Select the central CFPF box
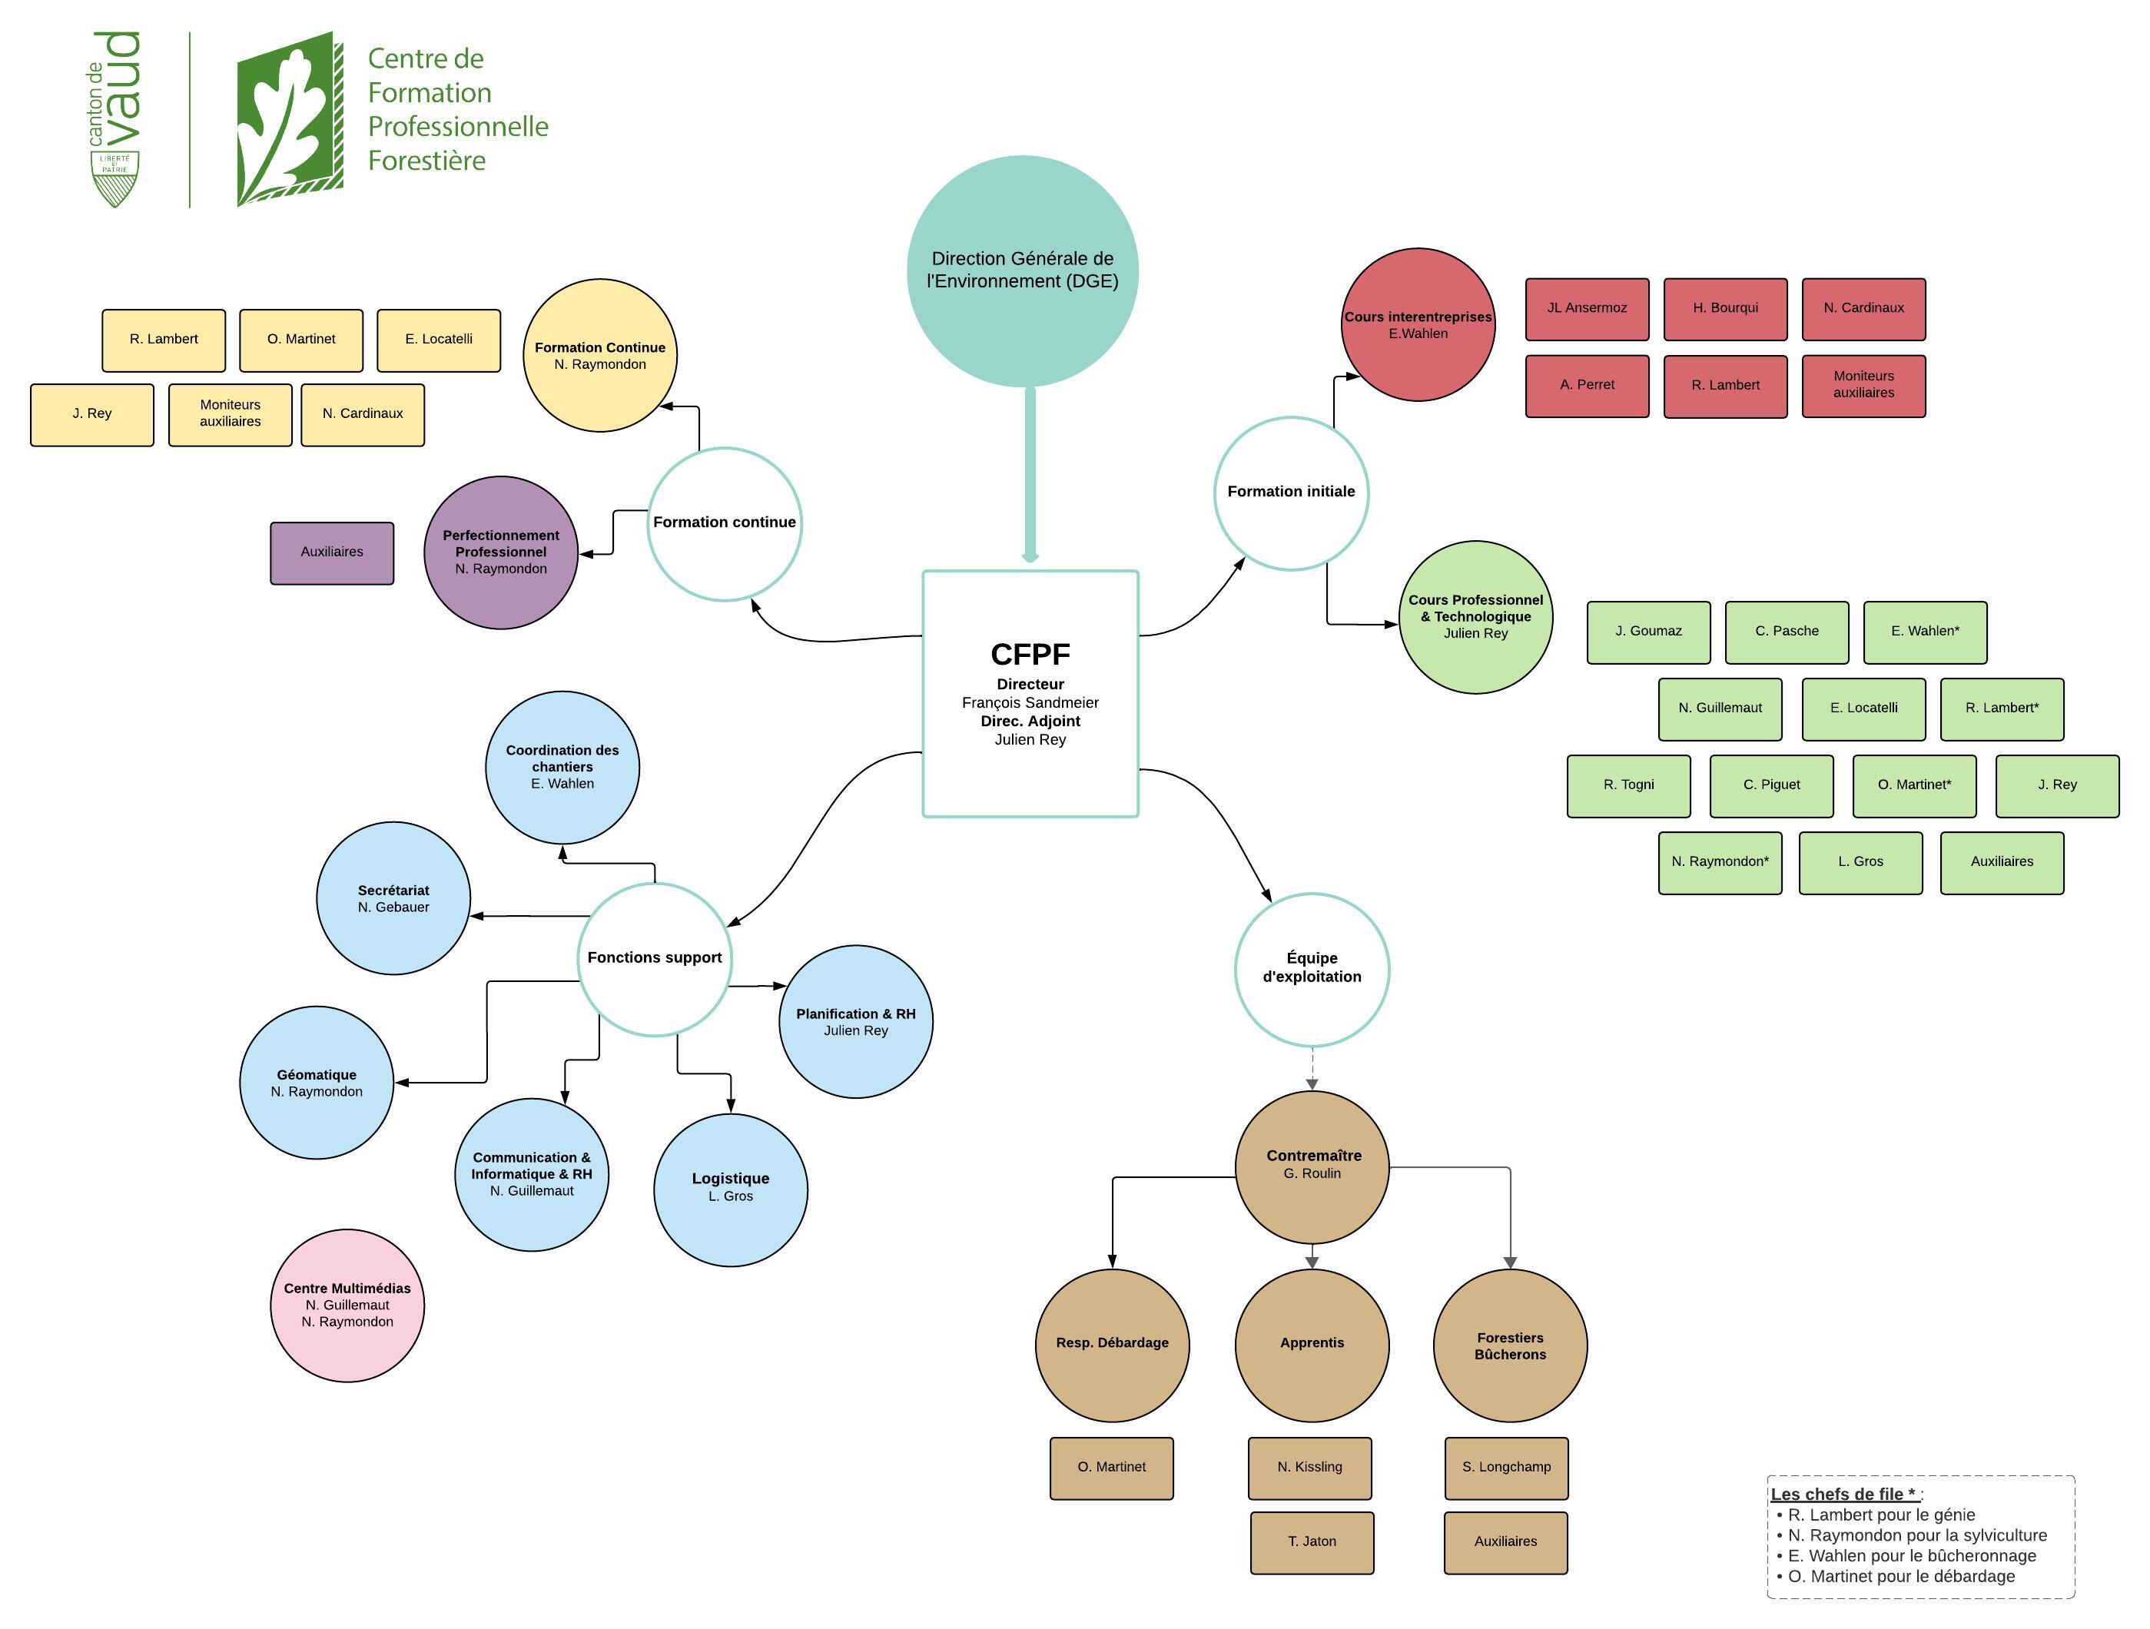1030,693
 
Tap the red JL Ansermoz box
1586,309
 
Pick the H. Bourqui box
1724,309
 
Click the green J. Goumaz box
1647,632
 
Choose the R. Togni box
1628,785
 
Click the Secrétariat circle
393,898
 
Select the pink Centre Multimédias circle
347,1305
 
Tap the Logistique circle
730,1189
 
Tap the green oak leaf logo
290,118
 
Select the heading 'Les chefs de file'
1844,1494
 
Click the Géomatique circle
316,1082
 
